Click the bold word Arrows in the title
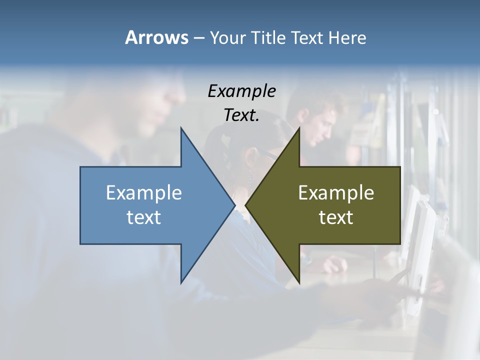pos(156,37)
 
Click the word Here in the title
pos(347,38)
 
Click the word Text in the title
pos(307,38)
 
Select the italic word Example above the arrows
pos(241,91)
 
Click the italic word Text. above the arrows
pos(241,115)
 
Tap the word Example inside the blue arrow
pos(144,193)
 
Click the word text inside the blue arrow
pos(144,217)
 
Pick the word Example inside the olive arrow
pos(336,193)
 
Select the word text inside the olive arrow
pos(336,217)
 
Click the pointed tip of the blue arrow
pos(235,205)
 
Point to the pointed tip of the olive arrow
pos(245,205)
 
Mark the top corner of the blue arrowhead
pos(181,128)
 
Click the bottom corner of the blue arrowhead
pos(181,283)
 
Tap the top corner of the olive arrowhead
pos(299,128)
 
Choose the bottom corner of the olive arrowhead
pos(299,283)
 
